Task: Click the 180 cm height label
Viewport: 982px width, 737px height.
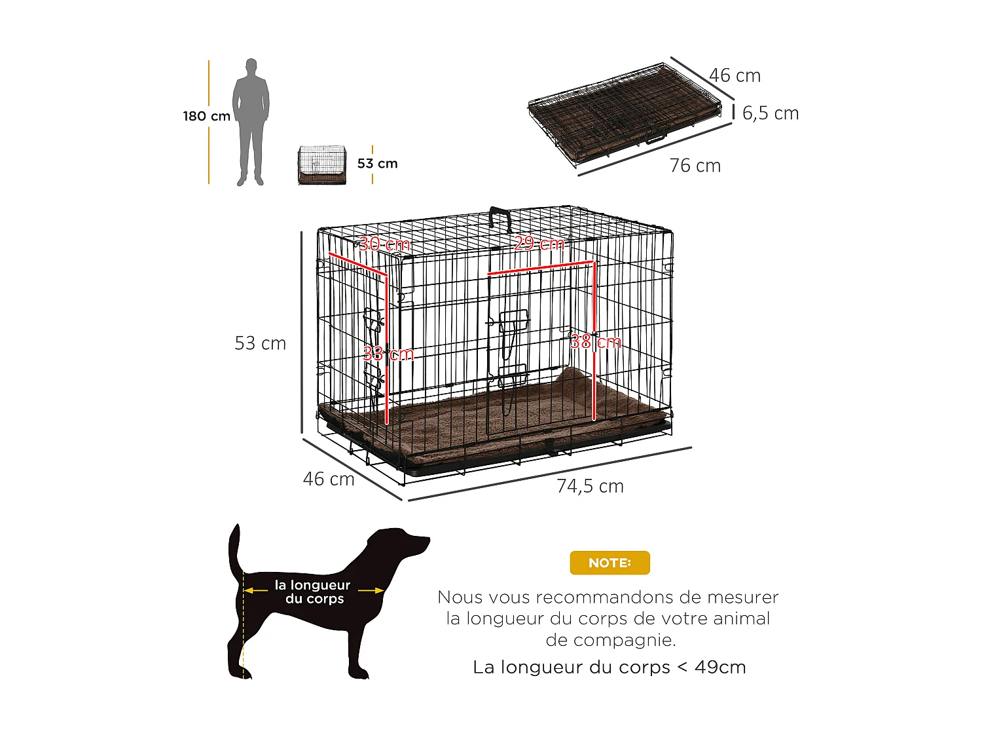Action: tap(206, 116)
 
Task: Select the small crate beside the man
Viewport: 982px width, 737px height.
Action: tap(321, 165)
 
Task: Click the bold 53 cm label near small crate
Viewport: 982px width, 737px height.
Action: tap(377, 163)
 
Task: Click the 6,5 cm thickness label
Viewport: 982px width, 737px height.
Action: tap(770, 113)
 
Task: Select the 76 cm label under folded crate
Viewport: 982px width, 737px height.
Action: tap(695, 166)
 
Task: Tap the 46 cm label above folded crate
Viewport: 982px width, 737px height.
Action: tap(735, 76)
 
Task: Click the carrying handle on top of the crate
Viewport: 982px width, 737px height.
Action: tap(500, 217)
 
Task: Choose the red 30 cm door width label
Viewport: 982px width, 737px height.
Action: tap(384, 244)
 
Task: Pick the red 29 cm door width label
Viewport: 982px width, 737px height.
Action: tap(539, 244)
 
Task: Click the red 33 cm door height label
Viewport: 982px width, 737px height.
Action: tap(388, 354)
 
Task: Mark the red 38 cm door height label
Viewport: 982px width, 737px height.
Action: tap(595, 342)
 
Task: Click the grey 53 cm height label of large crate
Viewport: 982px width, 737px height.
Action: tap(260, 343)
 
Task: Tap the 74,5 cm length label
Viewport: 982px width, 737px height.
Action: tap(590, 486)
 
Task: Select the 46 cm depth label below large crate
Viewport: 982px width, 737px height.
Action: tap(328, 479)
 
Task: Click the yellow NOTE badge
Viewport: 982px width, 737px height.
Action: tap(609, 563)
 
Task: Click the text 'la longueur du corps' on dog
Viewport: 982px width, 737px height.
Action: tap(312, 592)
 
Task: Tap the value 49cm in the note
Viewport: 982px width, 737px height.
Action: tap(720, 667)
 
